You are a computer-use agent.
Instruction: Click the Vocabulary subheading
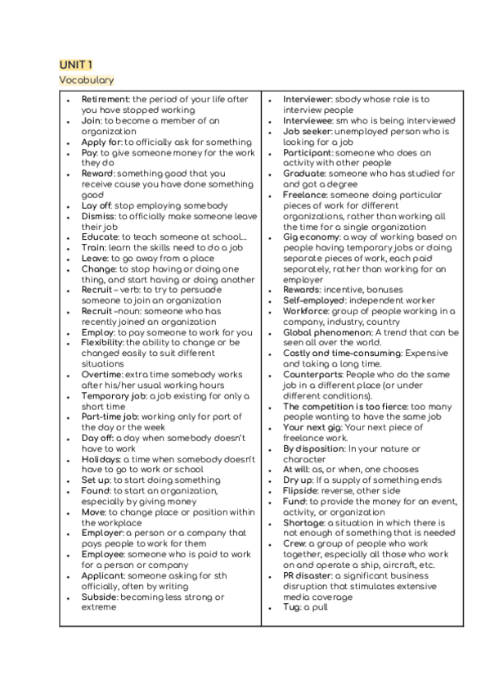pyautogui.click(x=86, y=79)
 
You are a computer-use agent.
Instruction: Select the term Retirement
pyautogui.click(x=106, y=100)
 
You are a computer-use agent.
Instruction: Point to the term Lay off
pyautogui.click(x=97, y=205)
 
